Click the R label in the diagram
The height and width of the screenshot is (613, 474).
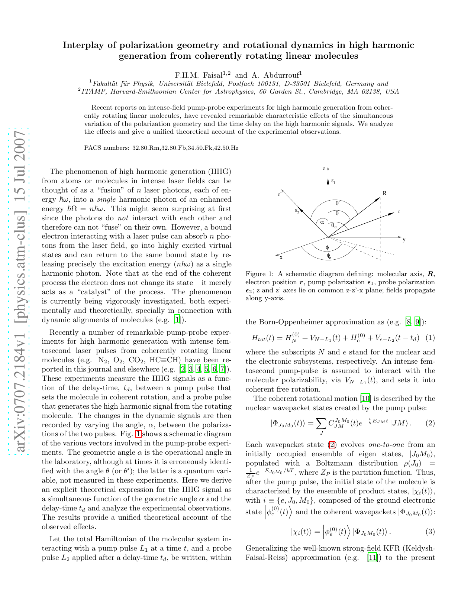[x=384, y=193]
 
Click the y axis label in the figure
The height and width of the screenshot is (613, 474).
[x=404, y=240]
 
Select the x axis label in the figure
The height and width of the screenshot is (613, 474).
[x=281, y=257]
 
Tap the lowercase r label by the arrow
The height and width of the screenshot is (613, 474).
[x=399, y=211]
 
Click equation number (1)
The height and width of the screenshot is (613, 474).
[x=430, y=338]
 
